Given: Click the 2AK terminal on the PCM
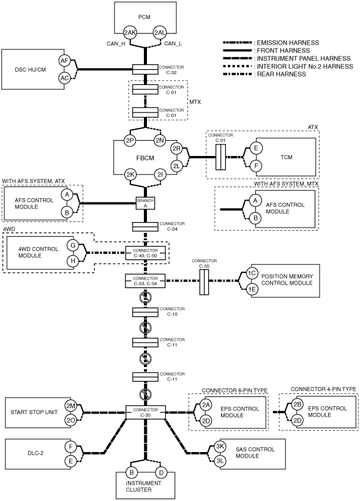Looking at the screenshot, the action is click(130, 32).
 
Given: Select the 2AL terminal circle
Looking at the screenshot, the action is click(160, 32).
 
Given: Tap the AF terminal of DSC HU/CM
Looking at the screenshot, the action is click(64, 61).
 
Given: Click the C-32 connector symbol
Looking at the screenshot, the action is click(146, 69).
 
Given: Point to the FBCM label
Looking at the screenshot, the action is click(145, 158).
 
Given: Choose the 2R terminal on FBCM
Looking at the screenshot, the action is click(176, 149).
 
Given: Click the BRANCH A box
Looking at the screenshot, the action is click(146, 203).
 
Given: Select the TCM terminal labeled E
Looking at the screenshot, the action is click(256, 148).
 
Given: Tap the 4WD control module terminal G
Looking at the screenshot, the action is click(73, 245).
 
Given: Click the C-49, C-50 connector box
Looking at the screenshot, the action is click(146, 253).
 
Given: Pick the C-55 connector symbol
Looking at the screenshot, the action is click(204, 282).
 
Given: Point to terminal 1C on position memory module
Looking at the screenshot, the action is click(252, 273).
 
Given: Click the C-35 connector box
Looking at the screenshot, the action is click(146, 412).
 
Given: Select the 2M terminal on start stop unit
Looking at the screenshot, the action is click(70, 406).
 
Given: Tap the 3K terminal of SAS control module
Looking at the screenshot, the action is click(220, 447).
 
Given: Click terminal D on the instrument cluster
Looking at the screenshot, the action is click(161, 473).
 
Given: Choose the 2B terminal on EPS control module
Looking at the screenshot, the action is click(298, 404).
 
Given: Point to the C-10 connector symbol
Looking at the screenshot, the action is click(146, 312).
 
